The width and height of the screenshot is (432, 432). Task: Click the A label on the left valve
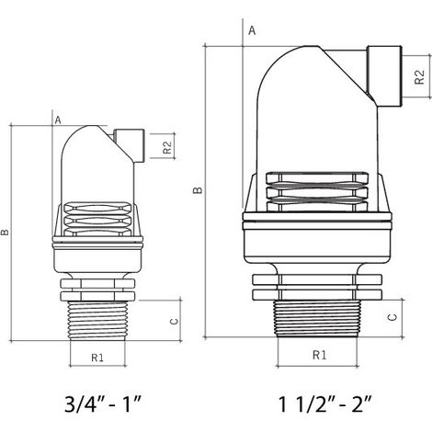pyautogui.click(x=58, y=120)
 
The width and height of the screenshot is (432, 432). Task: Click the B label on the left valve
pyautogui.click(x=6, y=233)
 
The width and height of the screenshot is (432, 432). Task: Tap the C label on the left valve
pyautogui.click(x=174, y=321)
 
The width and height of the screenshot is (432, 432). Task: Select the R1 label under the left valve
pyautogui.click(x=97, y=358)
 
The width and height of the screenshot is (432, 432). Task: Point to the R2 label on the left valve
pyautogui.click(x=167, y=147)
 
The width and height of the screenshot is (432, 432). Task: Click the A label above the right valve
pyautogui.click(x=252, y=30)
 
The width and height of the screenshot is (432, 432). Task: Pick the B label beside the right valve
pyautogui.click(x=198, y=190)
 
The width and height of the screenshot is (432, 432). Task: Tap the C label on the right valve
pyautogui.click(x=392, y=317)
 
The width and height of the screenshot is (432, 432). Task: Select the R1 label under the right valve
pyautogui.click(x=319, y=355)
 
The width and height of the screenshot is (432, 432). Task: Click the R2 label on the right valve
pyautogui.click(x=419, y=77)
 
